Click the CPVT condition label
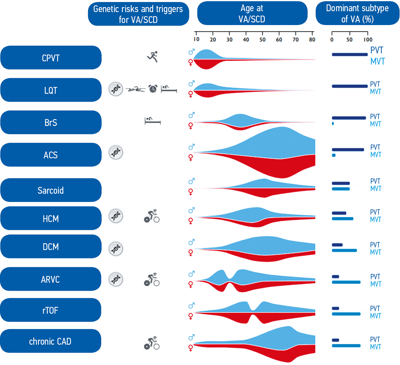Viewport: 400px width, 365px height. [x=51, y=58]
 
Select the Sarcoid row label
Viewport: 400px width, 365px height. [x=51, y=190]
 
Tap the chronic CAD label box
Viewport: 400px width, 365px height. [x=50, y=341]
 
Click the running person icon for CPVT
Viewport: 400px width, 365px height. [x=153, y=56]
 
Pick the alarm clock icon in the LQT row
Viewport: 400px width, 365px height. [x=153, y=88]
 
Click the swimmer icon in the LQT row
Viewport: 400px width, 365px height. [x=135, y=89]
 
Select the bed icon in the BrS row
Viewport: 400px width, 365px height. [x=153, y=120]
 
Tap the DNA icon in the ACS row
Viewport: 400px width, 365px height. [x=116, y=152]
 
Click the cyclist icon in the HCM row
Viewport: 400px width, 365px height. [x=152, y=216]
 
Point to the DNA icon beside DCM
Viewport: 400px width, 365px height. [x=116, y=249]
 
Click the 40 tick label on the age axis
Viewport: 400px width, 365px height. [x=246, y=40]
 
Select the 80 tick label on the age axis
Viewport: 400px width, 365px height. [x=312, y=40]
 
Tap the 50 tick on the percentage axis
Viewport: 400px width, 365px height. [x=349, y=40]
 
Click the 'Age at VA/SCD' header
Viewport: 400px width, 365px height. [x=252, y=14]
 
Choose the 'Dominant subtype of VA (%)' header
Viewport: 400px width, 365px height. [x=357, y=14]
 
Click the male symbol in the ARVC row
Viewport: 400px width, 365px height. [x=191, y=274]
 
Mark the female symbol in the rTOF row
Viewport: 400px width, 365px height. [x=191, y=316]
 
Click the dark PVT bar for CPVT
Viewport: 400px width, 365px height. [x=350, y=55]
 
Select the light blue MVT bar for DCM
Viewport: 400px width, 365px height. [x=344, y=251]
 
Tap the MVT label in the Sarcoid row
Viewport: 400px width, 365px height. [x=376, y=189]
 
